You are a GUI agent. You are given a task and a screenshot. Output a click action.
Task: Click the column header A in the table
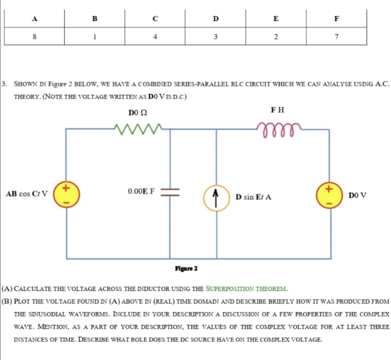tap(35, 18)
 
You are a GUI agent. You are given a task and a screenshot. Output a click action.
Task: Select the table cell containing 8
tap(35, 37)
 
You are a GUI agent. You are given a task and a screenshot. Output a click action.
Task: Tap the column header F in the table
tap(336, 18)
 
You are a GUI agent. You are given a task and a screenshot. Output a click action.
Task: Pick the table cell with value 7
tap(336, 37)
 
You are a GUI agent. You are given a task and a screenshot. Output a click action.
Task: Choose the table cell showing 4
tap(155, 37)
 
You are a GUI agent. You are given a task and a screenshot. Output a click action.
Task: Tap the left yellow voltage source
tap(66, 195)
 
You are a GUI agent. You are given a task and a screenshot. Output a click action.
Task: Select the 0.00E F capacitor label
tap(141, 191)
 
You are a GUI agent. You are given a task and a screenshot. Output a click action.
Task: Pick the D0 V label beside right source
tap(357, 195)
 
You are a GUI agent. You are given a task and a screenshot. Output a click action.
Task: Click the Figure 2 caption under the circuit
tap(186, 268)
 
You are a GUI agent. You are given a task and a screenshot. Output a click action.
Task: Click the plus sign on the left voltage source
tap(66, 187)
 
